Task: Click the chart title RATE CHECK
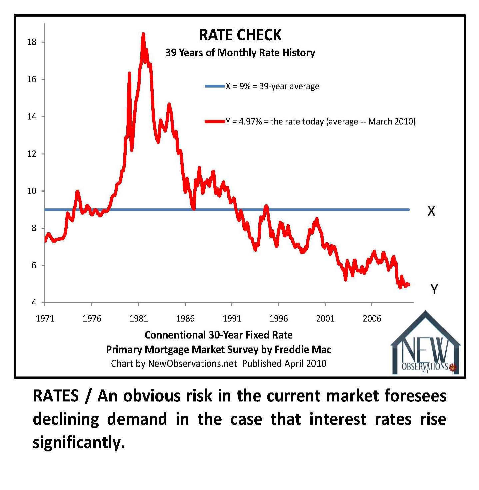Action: click(240, 35)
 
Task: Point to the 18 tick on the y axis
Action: click(32, 42)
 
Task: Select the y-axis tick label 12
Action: click(32, 154)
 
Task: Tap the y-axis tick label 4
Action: click(34, 303)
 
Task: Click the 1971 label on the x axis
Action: click(45, 319)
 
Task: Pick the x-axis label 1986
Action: click(185, 319)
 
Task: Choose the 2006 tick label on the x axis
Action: click(372, 319)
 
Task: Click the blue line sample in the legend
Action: click(215, 87)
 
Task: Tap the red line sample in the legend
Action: click(215, 122)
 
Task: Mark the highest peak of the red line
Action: click(143, 34)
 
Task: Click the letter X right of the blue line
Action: click(431, 211)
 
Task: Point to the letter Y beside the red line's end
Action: click(434, 289)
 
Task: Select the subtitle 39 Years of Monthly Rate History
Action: click(240, 53)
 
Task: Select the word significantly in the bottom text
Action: click(79, 443)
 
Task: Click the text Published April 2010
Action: click(284, 364)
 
